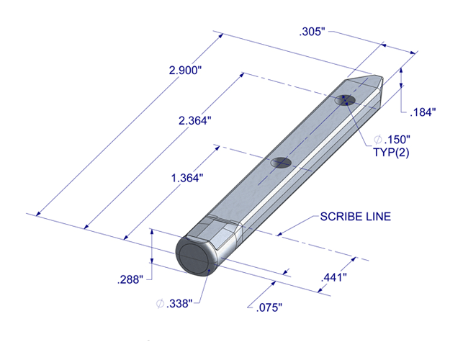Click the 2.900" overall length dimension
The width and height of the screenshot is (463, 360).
185,71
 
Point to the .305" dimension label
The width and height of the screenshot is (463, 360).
313,32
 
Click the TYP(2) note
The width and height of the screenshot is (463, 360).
391,153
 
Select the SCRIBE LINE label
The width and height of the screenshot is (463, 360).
356,217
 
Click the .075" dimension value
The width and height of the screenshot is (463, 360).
269,307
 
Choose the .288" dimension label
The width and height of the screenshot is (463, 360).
130,278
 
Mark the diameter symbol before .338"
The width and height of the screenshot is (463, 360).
160,304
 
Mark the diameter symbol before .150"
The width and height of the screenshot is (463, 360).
379,139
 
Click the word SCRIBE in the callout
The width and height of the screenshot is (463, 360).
343,217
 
